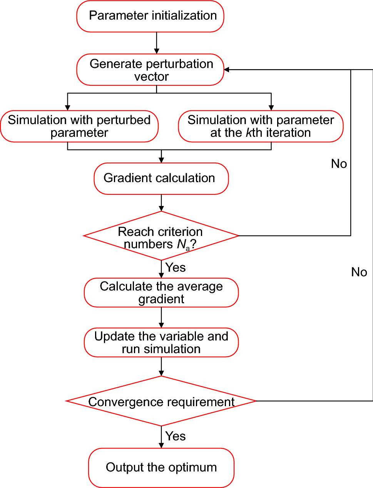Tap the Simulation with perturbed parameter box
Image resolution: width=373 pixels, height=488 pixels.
(x=79, y=126)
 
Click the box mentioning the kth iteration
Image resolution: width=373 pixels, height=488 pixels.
(x=261, y=126)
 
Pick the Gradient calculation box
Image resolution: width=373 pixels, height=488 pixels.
(x=161, y=179)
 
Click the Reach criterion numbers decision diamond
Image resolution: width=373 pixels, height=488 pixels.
(x=161, y=236)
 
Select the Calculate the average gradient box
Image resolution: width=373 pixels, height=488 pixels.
(x=161, y=293)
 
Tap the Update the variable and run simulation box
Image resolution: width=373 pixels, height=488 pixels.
(x=161, y=342)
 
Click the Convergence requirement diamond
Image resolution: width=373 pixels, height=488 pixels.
(x=161, y=401)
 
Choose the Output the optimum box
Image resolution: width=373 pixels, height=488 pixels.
(x=161, y=468)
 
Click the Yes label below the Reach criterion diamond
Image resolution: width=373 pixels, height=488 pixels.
(x=176, y=267)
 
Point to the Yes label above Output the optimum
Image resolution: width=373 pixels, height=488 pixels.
(x=176, y=436)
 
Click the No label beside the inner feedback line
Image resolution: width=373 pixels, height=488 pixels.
(x=339, y=164)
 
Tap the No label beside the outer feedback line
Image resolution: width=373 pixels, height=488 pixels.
(x=359, y=272)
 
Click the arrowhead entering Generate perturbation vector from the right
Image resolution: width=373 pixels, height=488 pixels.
(x=227, y=70)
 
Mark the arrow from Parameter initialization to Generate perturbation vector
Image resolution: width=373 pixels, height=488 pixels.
(x=156, y=43)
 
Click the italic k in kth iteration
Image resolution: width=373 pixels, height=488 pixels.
(x=249, y=133)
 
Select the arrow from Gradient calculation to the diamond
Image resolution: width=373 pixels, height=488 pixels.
(x=161, y=203)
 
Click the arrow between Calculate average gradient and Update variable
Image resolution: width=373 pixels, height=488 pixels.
(x=161, y=317)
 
